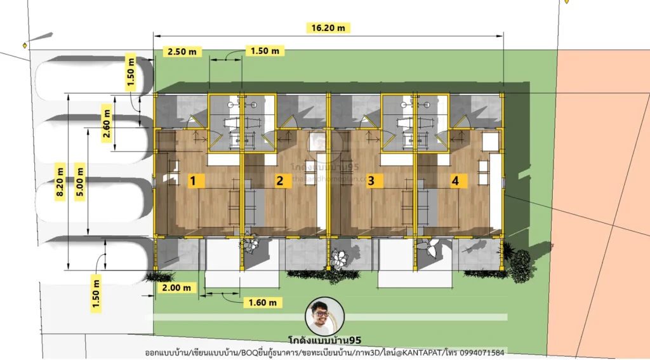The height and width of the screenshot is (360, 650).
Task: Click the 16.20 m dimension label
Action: tap(328, 28)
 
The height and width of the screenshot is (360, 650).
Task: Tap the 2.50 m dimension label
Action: tap(182, 51)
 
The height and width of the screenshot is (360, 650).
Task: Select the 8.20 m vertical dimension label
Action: tap(61, 182)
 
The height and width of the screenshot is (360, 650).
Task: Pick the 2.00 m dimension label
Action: tap(176, 288)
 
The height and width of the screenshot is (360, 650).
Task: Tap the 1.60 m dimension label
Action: tap(263, 302)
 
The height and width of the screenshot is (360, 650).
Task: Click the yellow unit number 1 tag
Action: tap(196, 181)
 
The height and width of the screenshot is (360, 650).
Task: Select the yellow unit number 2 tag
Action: tap(279, 181)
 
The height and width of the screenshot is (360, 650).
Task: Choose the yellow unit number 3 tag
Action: tap(371, 181)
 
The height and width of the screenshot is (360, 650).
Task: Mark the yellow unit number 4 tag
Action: tap(455, 181)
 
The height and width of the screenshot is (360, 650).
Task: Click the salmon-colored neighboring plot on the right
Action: tap(603, 190)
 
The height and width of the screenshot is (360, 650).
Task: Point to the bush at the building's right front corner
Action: tap(521, 260)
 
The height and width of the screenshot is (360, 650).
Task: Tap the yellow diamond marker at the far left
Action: tap(25, 45)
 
